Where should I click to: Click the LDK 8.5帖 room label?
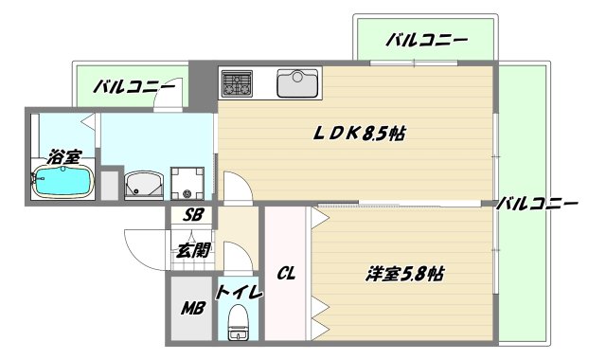tap(359, 134)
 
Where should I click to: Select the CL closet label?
tap(285, 275)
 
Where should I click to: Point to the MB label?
tap(192, 310)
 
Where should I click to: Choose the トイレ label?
tap(239, 292)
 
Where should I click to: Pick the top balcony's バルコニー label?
tap(427, 41)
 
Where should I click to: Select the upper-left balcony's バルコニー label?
tap(134, 88)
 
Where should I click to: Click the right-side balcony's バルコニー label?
tap(538, 204)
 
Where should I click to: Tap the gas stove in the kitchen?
tap(237, 83)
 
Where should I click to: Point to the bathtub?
tap(62, 182)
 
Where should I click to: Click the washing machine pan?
tap(187, 184)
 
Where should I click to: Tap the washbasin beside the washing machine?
tap(145, 184)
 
